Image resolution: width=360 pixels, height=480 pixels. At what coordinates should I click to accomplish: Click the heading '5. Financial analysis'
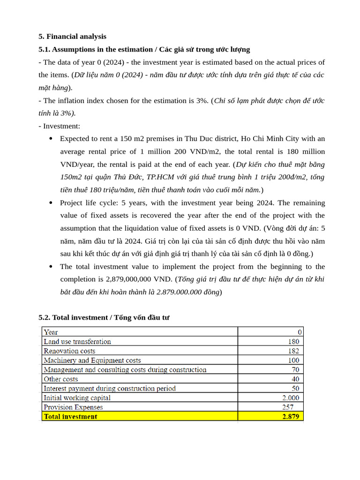click(72, 37)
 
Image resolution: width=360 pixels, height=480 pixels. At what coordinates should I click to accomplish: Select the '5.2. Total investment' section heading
click(104, 317)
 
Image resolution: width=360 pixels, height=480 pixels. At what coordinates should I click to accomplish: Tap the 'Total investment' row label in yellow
click(70, 416)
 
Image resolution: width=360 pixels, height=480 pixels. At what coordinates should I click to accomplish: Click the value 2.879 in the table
click(291, 416)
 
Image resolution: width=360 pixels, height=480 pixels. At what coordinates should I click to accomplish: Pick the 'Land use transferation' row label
click(77, 342)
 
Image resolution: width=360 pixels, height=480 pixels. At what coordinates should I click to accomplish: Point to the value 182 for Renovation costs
click(293, 351)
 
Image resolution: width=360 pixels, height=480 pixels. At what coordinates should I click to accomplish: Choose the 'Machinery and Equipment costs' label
click(92, 360)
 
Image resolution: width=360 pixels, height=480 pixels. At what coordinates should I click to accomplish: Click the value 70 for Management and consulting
click(295, 370)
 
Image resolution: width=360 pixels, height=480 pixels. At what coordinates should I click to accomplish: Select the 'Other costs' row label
click(61, 379)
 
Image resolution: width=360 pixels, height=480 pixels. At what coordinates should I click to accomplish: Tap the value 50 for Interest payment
click(295, 389)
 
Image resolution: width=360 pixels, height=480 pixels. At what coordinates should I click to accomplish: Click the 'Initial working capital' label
click(77, 398)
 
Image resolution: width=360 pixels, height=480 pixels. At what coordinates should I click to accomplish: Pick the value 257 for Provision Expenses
click(288, 407)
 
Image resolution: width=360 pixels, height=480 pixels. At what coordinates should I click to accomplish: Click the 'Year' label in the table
click(51, 332)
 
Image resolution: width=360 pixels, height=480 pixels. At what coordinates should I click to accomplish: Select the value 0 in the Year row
click(300, 332)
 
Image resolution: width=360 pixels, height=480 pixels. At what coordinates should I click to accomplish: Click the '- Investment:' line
click(59, 126)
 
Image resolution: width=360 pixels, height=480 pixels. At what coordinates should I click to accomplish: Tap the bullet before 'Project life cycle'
click(51, 203)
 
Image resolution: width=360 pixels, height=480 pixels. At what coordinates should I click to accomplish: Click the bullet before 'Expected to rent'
click(51, 139)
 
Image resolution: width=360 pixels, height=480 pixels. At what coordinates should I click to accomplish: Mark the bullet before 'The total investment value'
click(51, 267)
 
